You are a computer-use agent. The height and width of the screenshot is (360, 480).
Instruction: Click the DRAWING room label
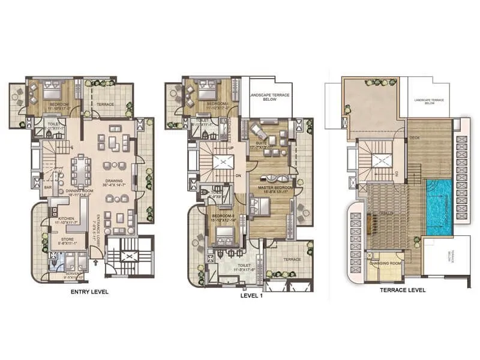tap(113, 180)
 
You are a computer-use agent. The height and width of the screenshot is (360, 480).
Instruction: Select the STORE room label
tap(67, 239)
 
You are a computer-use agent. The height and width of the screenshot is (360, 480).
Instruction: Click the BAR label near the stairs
tap(47, 188)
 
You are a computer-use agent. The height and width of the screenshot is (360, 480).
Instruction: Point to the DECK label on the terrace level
tap(414, 138)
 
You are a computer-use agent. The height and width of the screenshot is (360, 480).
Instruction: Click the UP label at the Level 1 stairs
tap(232, 147)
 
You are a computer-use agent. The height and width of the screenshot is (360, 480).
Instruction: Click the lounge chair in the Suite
tap(258, 129)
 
